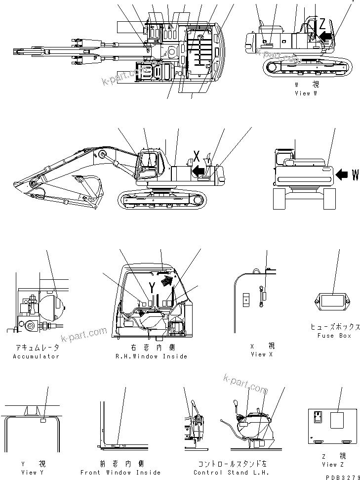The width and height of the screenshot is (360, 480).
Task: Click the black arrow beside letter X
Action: [199, 171]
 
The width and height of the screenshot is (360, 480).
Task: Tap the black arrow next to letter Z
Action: [325, 35]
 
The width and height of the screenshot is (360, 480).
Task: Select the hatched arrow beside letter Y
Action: [168, 282]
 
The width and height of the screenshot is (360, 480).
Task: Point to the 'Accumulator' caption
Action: [36, 356]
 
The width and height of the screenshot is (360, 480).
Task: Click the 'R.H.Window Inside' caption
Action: [151, 356]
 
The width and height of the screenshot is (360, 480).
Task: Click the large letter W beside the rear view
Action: [355, 175]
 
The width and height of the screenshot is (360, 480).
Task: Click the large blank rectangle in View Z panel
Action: [337, 421]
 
